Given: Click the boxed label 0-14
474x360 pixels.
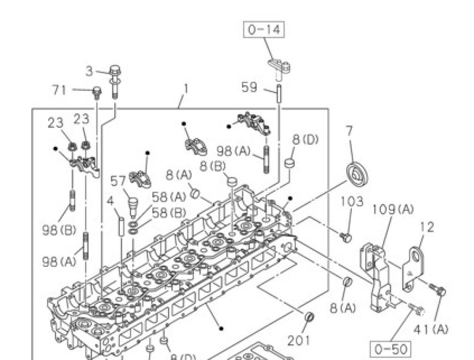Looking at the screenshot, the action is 264,30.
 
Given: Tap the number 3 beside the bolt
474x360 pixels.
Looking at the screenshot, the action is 89,72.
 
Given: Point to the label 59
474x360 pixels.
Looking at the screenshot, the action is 249,88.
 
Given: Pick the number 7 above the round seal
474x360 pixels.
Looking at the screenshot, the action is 349,131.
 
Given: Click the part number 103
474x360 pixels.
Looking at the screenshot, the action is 352,201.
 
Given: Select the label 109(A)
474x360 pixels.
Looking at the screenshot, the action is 393,209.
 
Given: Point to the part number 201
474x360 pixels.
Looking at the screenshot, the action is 299,341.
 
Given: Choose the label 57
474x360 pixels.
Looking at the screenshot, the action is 118,181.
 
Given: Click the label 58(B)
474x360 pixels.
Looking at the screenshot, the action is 168,213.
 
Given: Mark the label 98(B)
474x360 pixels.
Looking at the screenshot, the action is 59,231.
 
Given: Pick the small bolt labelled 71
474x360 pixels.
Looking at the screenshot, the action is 97,93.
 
